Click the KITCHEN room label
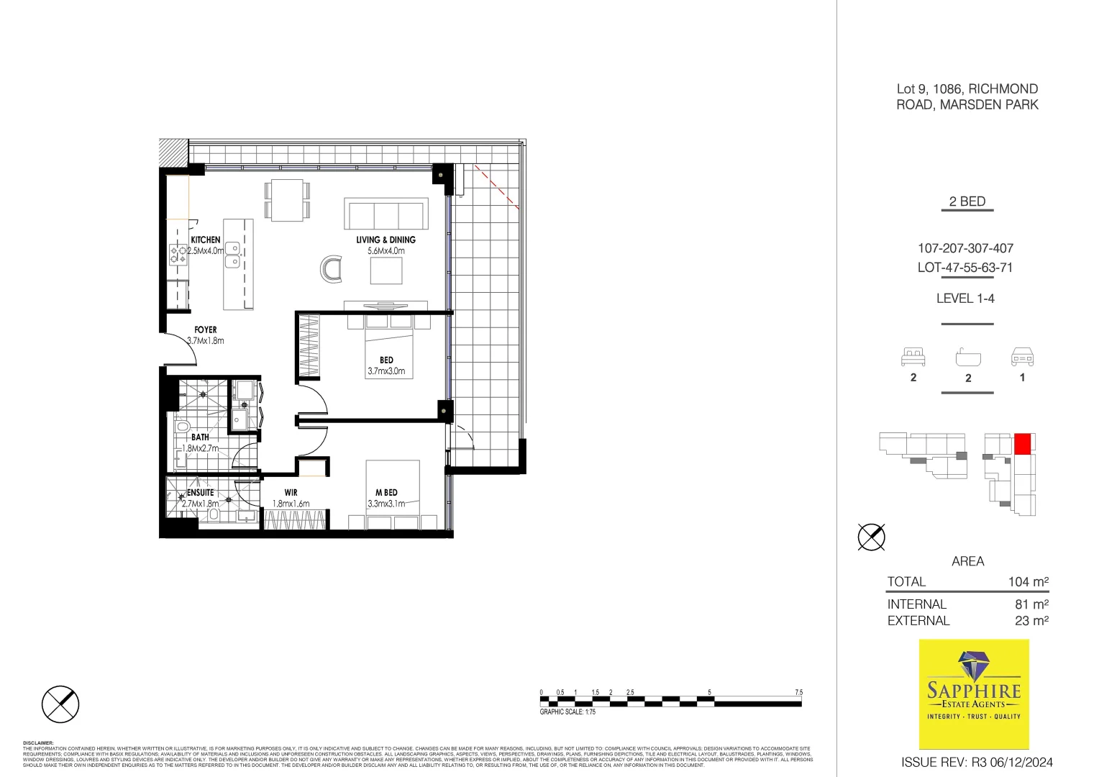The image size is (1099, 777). [x=206, y=240]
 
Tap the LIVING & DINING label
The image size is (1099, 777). [x=386, y=240]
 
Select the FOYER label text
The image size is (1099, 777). [x=206, y=330]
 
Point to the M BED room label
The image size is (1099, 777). [x=386, y=493]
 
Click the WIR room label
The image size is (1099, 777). [x=291, y=493]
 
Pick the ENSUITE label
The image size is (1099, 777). [x=200, y=493]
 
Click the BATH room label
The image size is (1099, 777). [x=200, y=437]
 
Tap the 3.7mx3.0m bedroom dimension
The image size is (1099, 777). [x=386, y=372]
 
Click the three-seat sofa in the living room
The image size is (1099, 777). [x=386, y=214]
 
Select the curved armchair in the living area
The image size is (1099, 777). [x=332, y=269]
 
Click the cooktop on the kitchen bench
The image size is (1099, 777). [x=178, y=255]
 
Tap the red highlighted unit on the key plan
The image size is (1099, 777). [x=1022, y=444]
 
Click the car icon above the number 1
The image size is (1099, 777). [x=1022, y=356]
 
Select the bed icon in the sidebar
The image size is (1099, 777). [x=913, y=356]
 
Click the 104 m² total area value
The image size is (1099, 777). [x=1028, y=582]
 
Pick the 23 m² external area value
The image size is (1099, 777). [x=1031, y=621]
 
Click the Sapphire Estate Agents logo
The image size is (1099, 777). [x=974, y=694]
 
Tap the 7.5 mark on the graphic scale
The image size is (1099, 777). [x=798, y=692]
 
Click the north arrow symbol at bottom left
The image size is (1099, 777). [x=60, y=704]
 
